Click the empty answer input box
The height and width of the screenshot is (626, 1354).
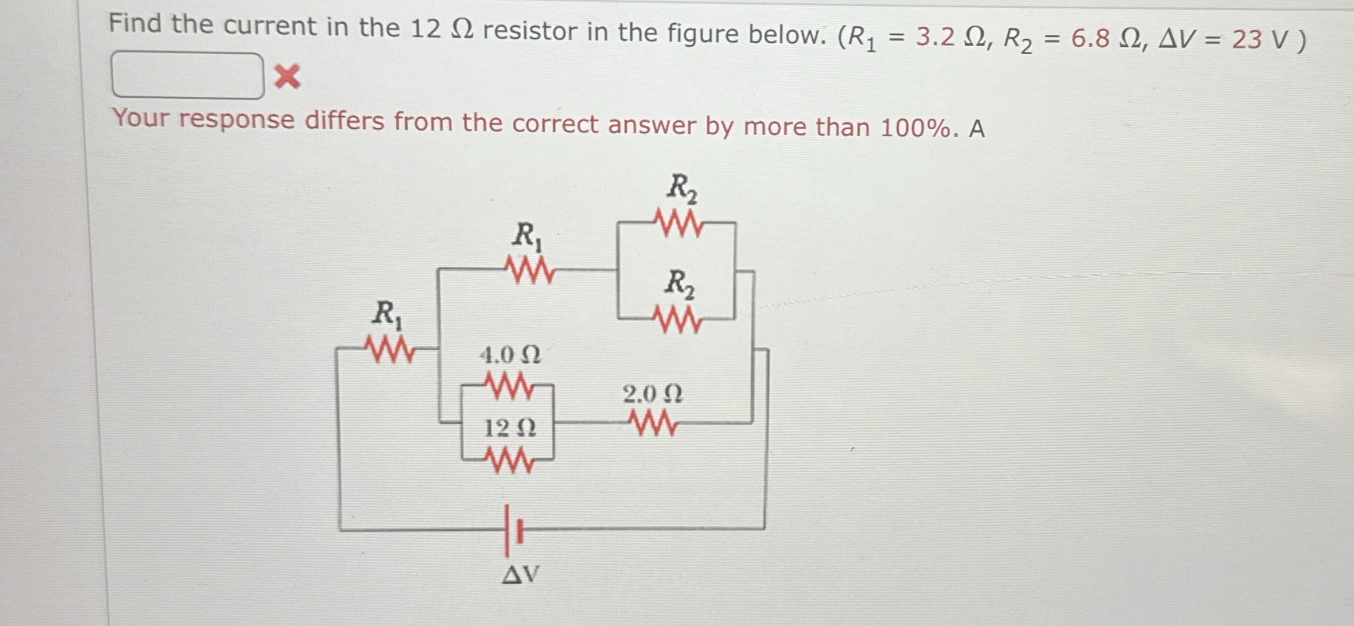[x=187, y=75]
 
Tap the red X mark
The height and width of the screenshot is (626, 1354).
[x=287, y=77]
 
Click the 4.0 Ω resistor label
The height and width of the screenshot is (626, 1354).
[x=510, y=355]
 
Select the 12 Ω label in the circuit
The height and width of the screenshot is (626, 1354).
[x=510, y=427]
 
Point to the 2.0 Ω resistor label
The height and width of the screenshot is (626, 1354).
[x=652, y=394]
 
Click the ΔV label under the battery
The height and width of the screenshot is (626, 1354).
[x=520, y=574]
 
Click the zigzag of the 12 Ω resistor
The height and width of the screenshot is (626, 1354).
[x=509, y=461]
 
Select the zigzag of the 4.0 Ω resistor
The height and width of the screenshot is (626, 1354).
[x=509, y=387]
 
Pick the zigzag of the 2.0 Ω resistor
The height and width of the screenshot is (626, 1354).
[x=652, y=423]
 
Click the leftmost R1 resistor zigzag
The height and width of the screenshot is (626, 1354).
[x=388, y=349]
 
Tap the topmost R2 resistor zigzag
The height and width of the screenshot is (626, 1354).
[x=679, y=223]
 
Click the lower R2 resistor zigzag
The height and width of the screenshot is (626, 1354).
[x=679, y=320]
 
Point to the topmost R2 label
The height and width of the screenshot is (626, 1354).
[x=681, y=188]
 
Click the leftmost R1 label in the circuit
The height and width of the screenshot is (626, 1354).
[x=387, y=314]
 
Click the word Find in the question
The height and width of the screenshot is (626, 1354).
[x=135, y=24]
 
